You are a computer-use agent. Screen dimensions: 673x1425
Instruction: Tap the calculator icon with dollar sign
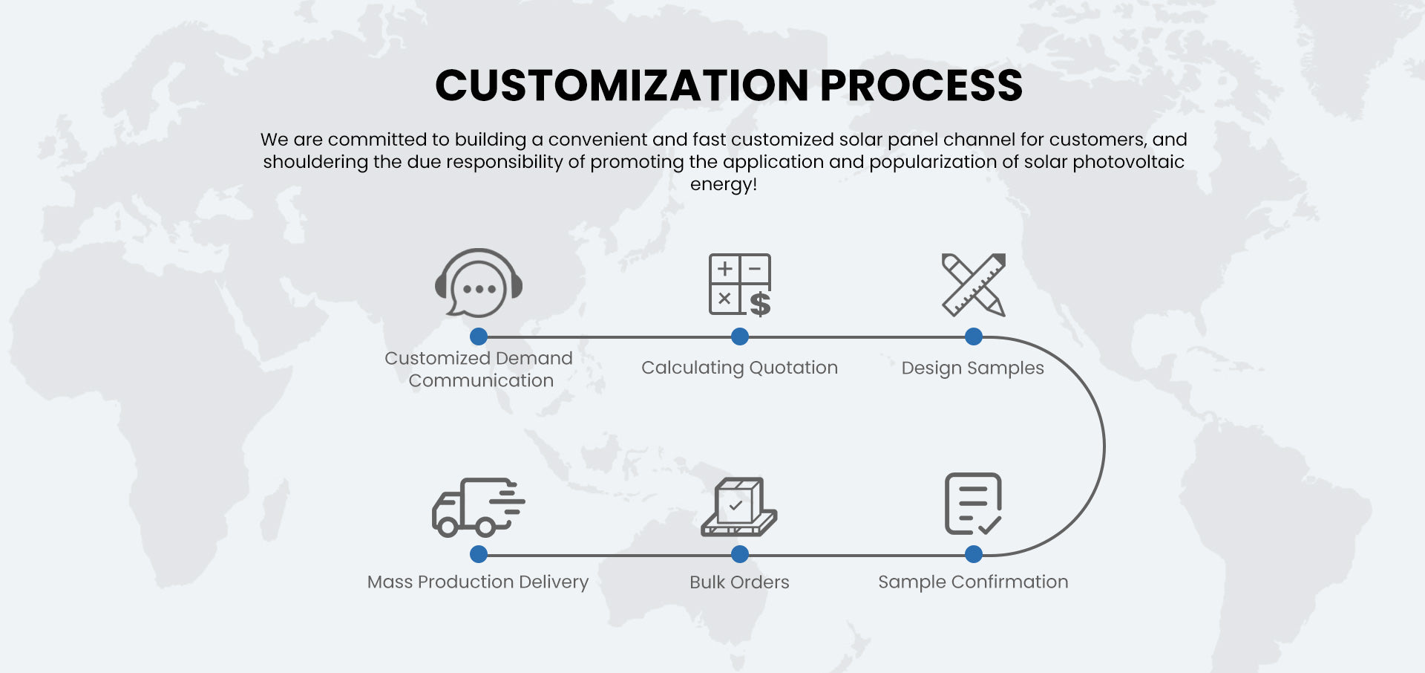(740, 285)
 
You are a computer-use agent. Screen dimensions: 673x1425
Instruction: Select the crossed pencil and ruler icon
(974, 285)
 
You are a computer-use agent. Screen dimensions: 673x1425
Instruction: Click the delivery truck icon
(478, 507)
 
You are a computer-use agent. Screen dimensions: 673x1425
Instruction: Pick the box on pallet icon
(739, 507)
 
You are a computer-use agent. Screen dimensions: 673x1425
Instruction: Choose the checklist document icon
(973, 504)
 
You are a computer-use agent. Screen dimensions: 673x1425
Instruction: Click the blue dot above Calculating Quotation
(740, 336)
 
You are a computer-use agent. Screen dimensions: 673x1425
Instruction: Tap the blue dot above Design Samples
(974, 336)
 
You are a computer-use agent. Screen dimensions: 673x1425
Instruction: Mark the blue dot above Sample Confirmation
(974, 554)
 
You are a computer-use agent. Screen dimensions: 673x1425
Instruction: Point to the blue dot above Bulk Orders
(740, 554)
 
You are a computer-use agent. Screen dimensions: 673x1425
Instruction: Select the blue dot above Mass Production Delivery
(479, 554)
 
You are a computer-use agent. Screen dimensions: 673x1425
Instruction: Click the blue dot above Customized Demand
(479, 336)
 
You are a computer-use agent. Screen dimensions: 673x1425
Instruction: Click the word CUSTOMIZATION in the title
(622, 85)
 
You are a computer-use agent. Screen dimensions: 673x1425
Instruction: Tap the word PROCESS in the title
(921, 85)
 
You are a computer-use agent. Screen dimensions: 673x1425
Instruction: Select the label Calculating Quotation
(739, 368)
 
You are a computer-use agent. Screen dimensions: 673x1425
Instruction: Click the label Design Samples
(972, 368)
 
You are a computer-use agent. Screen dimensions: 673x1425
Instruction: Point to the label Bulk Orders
(739, 582)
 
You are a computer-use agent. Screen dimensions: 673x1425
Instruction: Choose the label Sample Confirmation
(973, 582)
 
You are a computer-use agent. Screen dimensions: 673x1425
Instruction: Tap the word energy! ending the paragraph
(724, 184)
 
